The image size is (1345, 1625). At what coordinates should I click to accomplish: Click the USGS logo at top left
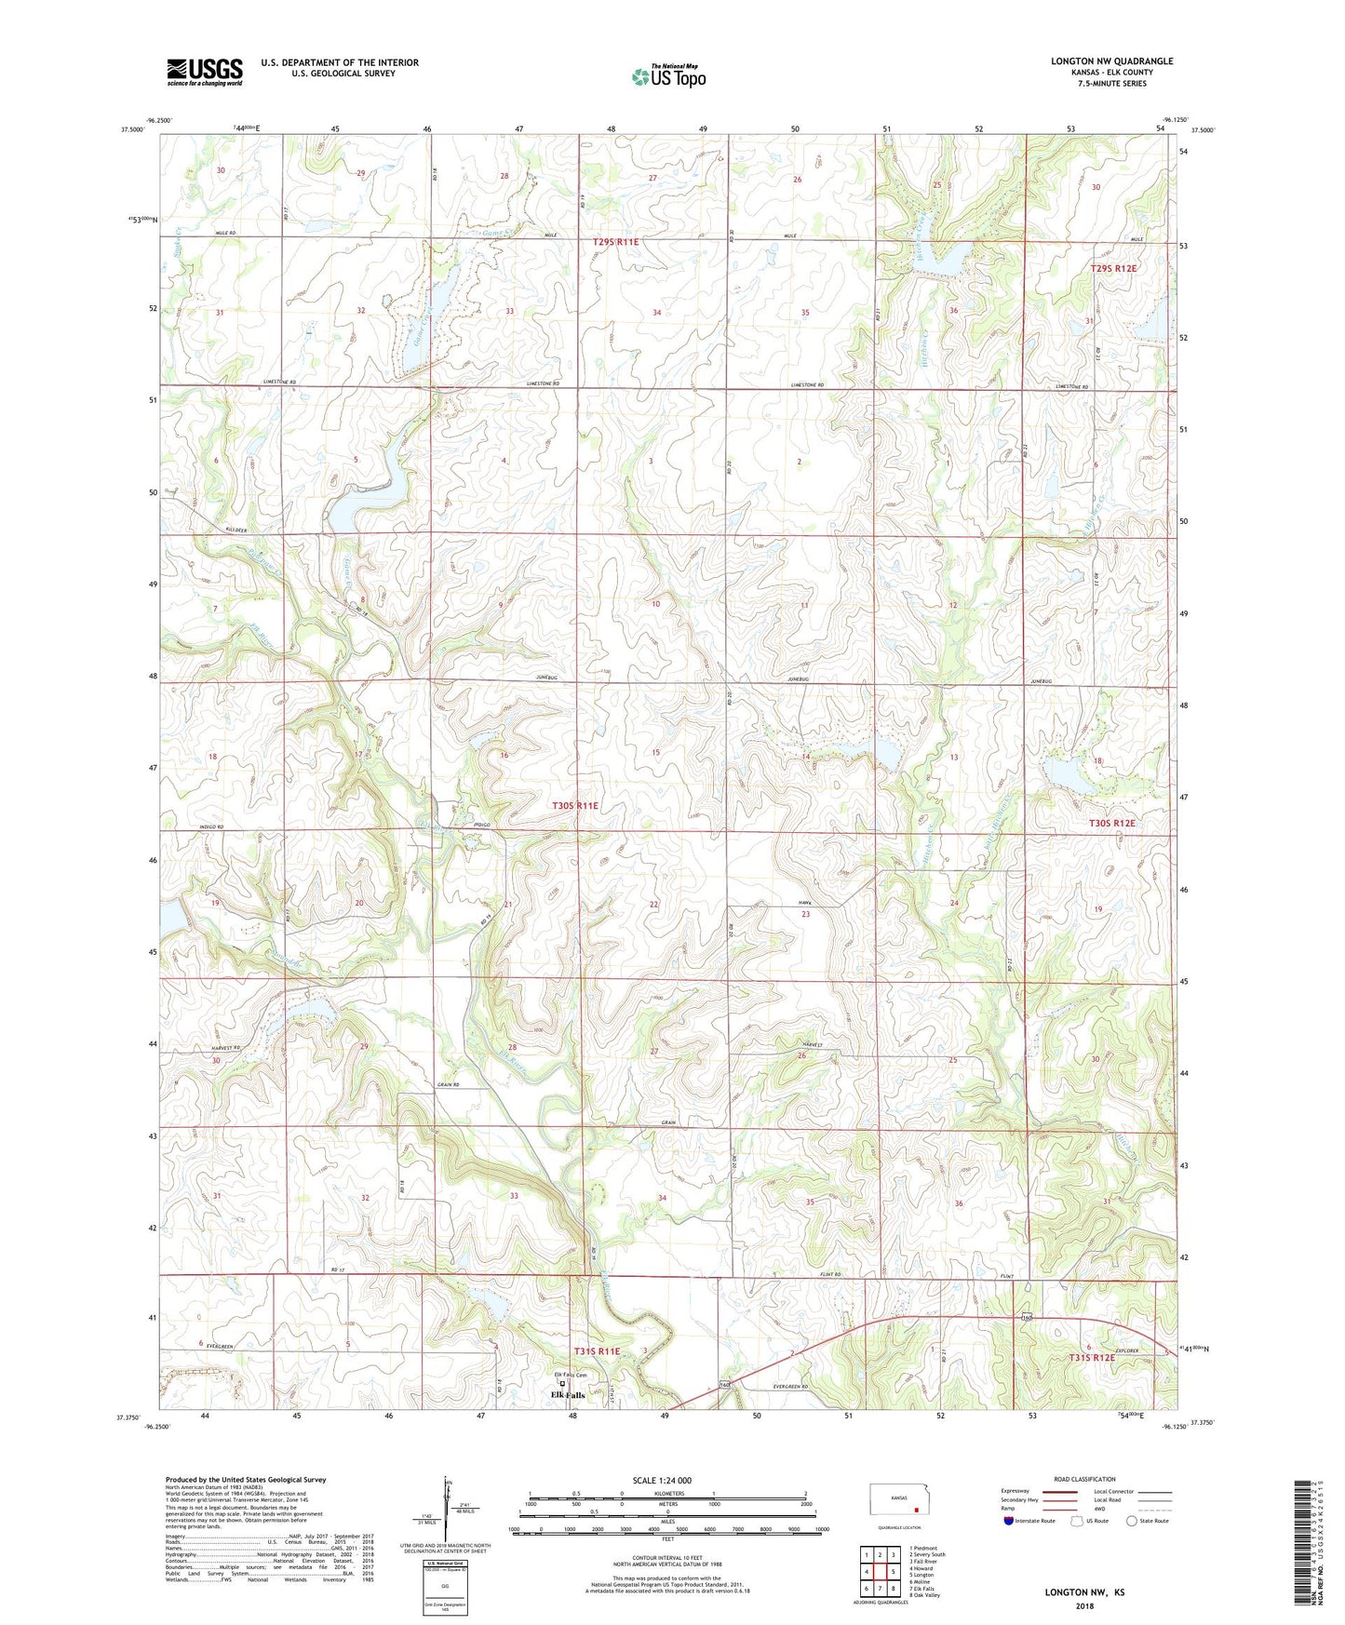point(205,72)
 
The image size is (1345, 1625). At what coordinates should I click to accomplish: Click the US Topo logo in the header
point(668,76)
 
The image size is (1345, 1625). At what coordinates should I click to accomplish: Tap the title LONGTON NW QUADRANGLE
point(1111,61)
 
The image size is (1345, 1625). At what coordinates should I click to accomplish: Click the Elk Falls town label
point(568,1395)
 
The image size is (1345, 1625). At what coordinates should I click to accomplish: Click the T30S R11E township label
point(575,805)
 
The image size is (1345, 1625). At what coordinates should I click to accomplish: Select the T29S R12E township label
point(1113,268)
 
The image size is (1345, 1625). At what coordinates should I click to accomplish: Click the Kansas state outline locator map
point(897,1498)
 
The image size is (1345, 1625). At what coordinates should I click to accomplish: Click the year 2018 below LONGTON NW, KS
point(1084,1605)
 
